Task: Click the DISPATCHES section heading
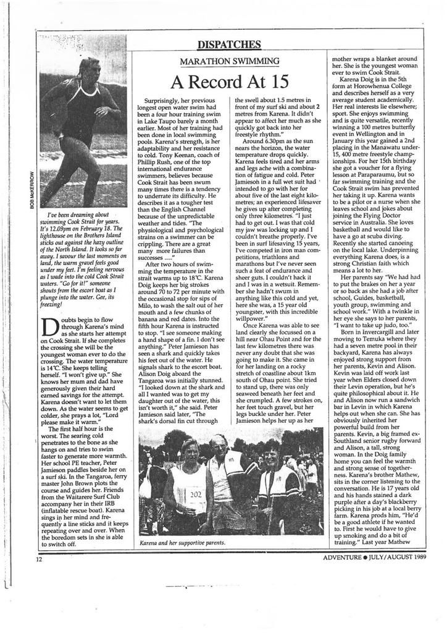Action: [x=229, y=44]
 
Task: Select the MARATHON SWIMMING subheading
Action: [x=229, y=61]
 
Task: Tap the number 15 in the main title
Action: [x=275, y=82]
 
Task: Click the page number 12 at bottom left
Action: [x=38, y=559]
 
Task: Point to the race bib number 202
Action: [x=196, y=494]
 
